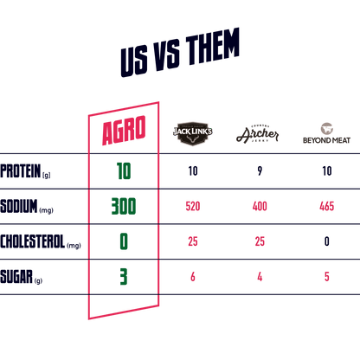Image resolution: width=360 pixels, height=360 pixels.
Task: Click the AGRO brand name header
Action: pyautogui.click(x=124, y=131)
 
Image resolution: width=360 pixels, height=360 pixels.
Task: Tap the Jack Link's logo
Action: pyautogui.click(x=193, y=133)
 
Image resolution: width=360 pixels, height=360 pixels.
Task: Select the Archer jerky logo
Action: pyautogui.click(x=258, y=134)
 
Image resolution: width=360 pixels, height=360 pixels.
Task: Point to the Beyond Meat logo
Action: pyautogui.click(x=326, y=133)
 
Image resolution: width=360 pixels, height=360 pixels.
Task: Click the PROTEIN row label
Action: pyautogui.click(x=25, y=171)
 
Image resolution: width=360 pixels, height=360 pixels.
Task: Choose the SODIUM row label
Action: pyautogui.click(x=27, y=206)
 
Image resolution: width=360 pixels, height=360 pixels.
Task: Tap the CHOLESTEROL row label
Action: pyautogui.click(x=41, y=241)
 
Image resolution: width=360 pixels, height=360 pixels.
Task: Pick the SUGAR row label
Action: pyautogui.click(x=21, y=277)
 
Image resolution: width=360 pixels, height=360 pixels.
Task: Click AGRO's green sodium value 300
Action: pyautogui.click(x=124, y=206)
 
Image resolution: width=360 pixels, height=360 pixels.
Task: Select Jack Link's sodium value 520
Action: pyautogui.click(x=193, y=206)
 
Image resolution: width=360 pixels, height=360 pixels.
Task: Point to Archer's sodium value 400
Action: pyautogui.click(x=260, y=206)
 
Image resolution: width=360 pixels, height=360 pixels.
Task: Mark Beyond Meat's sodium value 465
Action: pyautogui.click(x=327, y=206)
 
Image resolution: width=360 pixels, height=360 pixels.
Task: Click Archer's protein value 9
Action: pyautogui.click(x=260, y=171)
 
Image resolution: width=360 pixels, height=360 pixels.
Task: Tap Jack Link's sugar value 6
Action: pyautogui.click(x=193, y=277)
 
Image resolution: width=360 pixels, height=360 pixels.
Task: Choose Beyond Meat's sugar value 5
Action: pyautogui.click(x=327, y=277)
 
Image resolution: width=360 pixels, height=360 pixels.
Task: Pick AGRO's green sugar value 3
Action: pyautogui.click(x=124, y=277)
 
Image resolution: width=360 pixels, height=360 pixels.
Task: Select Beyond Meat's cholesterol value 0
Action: pyautogui.click(x=327, y=241)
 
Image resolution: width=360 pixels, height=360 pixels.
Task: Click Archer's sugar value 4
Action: pyautogui.click(x=260, y=277)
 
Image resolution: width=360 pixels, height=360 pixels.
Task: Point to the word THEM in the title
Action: pyautogui.click(x=213, y=46)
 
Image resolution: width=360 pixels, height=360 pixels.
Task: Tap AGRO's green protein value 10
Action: pyautogui.click(x=124, y=171)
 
